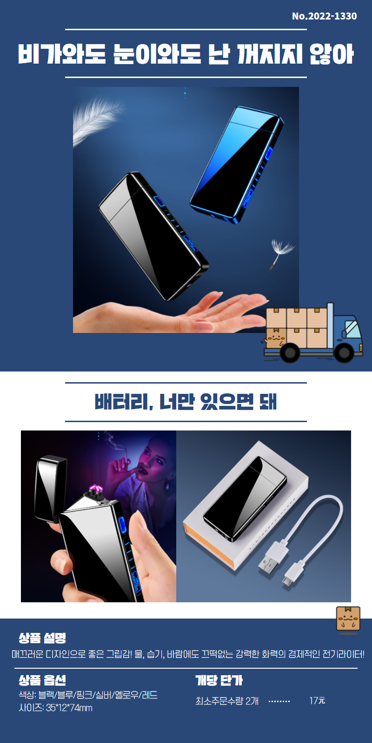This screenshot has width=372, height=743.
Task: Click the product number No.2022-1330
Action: coord(324,16)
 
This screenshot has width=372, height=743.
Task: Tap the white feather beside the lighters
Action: coord(96,121)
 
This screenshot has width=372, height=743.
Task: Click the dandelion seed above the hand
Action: coord(281,252)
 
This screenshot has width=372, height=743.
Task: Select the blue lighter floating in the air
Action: coord(237,164)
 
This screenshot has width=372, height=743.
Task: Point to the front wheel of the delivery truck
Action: coord(344,353)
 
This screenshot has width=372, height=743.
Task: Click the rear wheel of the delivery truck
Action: coord(290,353)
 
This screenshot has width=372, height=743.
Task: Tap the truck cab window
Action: coord(352,329)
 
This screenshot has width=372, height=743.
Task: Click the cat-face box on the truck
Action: coord(275,339)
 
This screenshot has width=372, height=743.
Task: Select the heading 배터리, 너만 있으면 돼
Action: coord(186,402)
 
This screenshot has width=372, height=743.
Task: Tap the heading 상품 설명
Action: coord(42,638)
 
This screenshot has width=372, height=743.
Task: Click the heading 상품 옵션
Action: coord(42,680)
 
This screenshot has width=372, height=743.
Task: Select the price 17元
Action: coord(317,701)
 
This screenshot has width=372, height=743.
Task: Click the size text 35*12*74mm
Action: coord(69,708)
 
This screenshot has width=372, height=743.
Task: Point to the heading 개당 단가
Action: coord(219,680)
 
